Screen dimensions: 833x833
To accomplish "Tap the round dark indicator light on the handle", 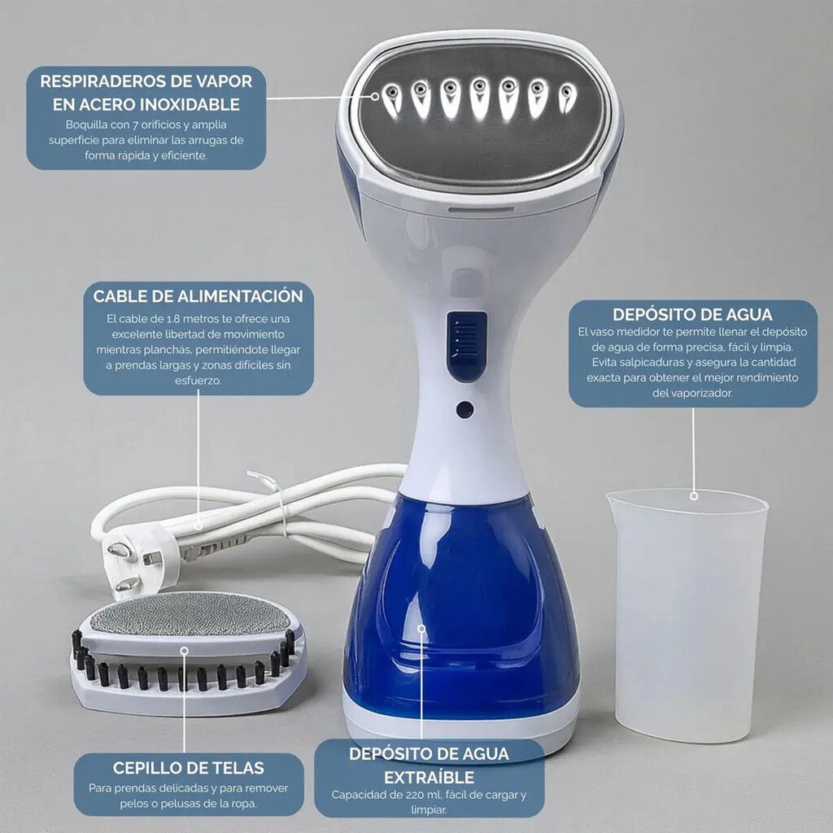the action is click(464, 409).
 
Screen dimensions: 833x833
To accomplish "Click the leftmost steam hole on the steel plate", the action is click(392, 99).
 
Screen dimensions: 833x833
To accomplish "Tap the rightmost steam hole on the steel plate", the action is click(567, 98).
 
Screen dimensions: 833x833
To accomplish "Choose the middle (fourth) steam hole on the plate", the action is click(480, 98).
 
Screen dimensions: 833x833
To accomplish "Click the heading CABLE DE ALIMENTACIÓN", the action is click(198, 296).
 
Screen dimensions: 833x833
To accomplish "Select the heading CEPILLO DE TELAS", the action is click(189, 768).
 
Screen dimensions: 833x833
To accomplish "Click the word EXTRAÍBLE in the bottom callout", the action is click(430, 777).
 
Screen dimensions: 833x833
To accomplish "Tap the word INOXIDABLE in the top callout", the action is click(190, 104).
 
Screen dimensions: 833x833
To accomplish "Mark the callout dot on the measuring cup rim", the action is click(694, 495).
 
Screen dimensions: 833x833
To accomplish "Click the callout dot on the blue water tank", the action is click(422, 629).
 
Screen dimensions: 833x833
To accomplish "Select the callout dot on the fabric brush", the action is click(185, 651).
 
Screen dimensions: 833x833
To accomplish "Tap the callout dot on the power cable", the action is click(198, 526).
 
